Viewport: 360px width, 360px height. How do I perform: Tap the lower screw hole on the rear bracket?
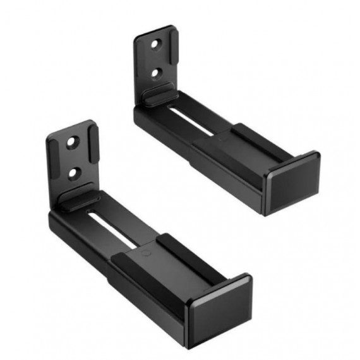point(155,73)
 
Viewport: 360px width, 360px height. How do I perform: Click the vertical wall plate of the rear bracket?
point(155,60)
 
